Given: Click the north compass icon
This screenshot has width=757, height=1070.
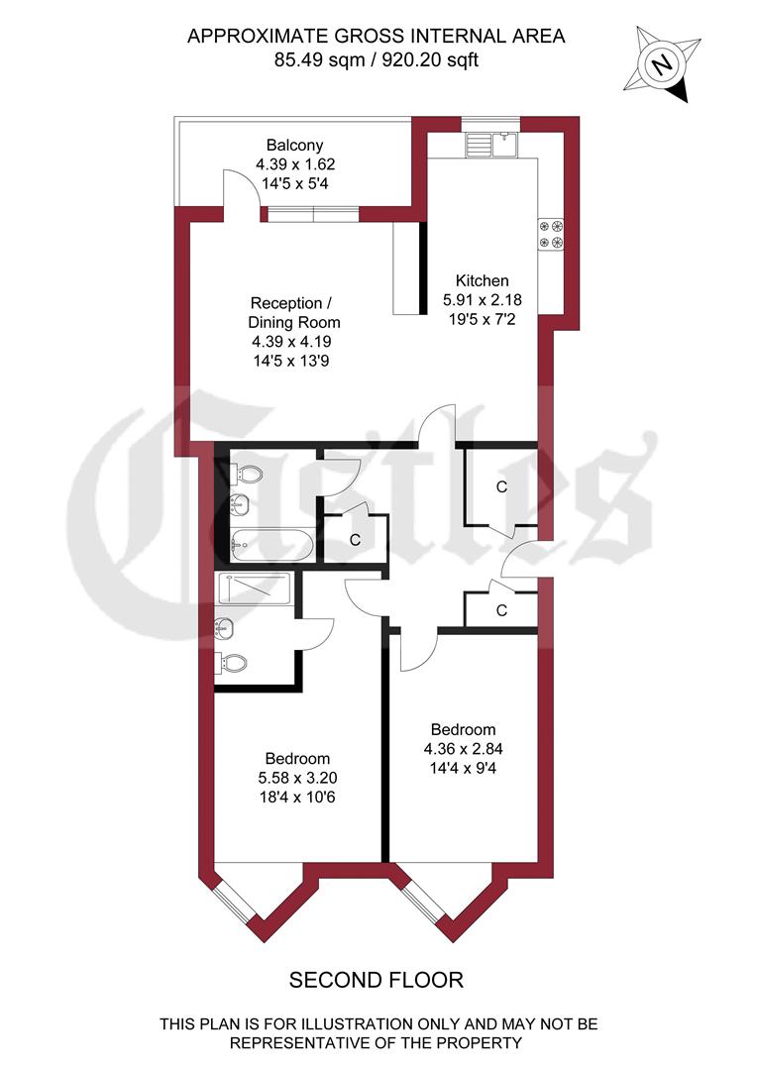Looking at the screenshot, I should point(660,64).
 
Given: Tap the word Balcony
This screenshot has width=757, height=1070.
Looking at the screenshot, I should point(294,146).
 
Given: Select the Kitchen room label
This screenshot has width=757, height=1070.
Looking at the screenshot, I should point(482,280).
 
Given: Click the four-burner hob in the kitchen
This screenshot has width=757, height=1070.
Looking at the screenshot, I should point(552,233).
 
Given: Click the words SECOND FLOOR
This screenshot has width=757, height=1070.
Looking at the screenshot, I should point(376,981).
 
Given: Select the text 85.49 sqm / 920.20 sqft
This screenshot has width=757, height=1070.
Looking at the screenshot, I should point(377,59).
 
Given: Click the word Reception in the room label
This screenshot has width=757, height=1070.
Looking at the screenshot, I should point(285,303).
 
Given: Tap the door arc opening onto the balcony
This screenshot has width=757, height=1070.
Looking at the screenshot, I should point(241,188).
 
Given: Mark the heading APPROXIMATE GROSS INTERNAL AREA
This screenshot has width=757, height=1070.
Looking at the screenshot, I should point(377,37).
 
